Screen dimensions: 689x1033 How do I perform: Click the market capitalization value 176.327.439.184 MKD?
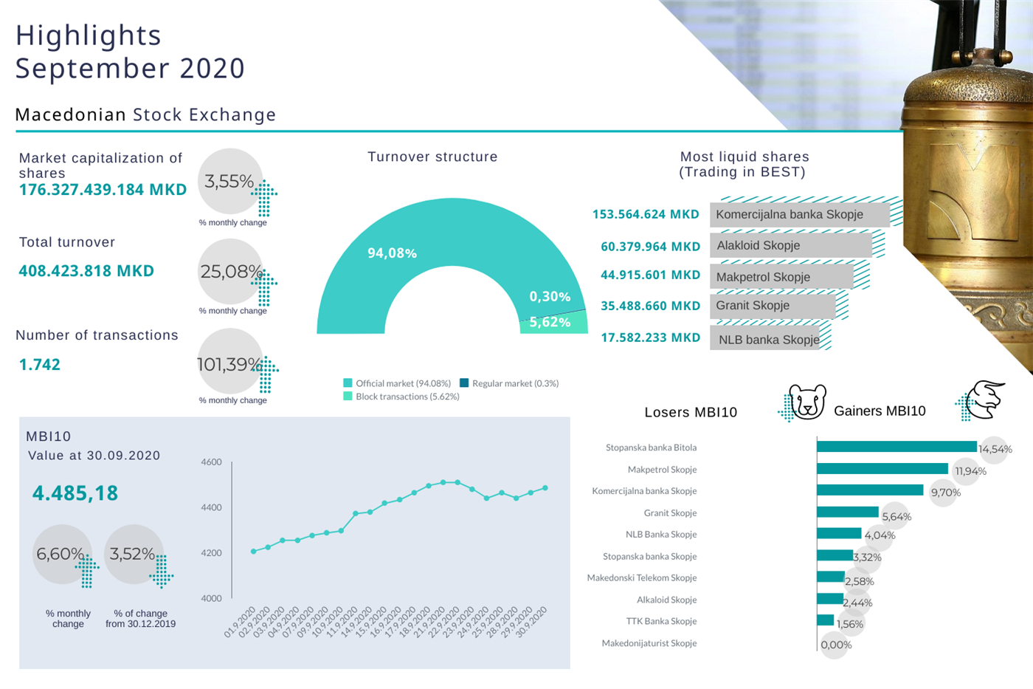[x=103, y=190]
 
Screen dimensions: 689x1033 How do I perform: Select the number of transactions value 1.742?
[x=40, y=365]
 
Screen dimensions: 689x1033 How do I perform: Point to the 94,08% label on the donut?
[x=392, y=253]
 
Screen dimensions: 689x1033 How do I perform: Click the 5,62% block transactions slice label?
[x=550, y=322]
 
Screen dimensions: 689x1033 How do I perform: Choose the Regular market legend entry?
[x=509, y=383]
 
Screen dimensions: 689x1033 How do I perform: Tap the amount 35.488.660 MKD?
[x=650, y=306]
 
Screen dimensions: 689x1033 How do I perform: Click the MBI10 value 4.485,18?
[x=75, y=493]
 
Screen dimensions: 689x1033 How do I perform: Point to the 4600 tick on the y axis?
[x=211, y=462]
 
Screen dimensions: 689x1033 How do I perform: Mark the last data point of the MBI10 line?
[x=545, y=488]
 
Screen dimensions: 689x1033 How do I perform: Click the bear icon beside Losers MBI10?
[x=806, y=402]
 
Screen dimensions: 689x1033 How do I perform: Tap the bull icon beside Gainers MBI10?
[x=984, y=400]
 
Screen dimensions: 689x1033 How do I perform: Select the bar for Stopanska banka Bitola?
[x=896, y=447]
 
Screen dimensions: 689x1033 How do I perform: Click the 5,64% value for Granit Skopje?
[x=896, y=517]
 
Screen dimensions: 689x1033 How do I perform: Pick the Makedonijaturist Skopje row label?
[x=649, y=643]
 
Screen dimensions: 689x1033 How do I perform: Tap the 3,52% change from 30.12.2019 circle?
[x=133, y=554]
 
